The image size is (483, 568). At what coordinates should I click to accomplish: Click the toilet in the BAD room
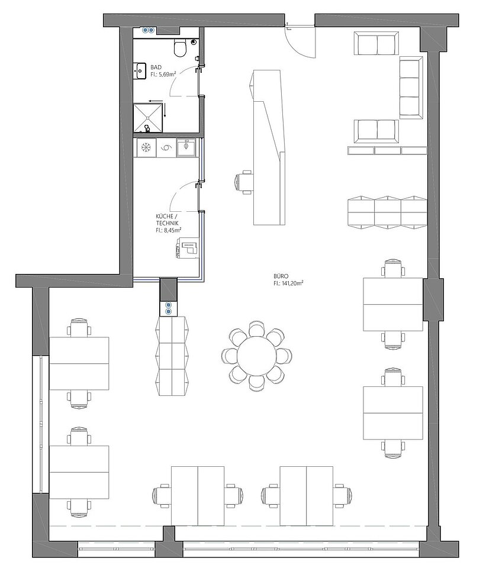[180, 48]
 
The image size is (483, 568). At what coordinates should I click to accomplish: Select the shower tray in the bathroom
[148, 118]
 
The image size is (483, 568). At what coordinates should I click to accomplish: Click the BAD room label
[156, 67]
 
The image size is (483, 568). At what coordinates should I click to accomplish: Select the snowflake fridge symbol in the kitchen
[146, 147]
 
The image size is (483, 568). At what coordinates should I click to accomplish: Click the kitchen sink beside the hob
[186, 148]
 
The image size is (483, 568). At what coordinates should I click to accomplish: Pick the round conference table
[256, 356]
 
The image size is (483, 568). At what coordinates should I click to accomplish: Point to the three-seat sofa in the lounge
[411, 88]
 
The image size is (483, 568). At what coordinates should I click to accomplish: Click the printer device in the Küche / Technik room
[187, 248]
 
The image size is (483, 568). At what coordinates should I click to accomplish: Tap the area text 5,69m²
[168, 75]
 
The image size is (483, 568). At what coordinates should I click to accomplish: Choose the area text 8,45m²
[172, 230]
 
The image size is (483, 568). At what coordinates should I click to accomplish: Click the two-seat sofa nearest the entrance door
[376, 43]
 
